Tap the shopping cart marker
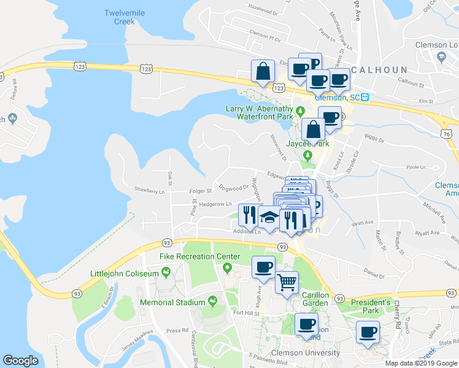click(x=287, y=283)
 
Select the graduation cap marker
click(x=269, y=216)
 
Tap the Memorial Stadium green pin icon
click(x=213, y=301)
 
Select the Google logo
click(x=20, y=361)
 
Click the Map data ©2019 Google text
click(x=420, y=363)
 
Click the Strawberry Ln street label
click(x=150, y=191)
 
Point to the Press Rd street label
click(x=177, y=330)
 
